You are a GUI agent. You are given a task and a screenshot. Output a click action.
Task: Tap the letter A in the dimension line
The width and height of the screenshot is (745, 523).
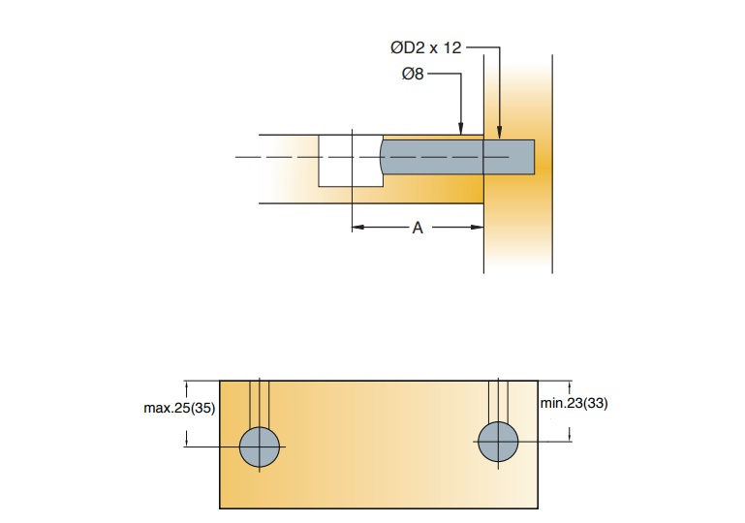point(418,228)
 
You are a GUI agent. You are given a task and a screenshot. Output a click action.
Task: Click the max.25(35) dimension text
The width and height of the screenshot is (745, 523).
point(179,408)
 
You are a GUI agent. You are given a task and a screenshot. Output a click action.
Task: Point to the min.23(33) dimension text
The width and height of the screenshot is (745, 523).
point(574,403)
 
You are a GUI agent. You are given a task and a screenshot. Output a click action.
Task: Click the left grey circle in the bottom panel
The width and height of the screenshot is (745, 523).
point(260,446)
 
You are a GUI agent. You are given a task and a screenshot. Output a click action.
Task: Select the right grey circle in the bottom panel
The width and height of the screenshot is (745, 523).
point(498,442)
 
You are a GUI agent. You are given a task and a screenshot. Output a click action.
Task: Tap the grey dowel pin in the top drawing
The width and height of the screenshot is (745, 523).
point(455,157)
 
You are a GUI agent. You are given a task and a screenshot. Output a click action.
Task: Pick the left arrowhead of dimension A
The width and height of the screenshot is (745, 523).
point(357,228)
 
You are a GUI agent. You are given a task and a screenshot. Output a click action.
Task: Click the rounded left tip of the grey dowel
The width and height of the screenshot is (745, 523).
point(384,157)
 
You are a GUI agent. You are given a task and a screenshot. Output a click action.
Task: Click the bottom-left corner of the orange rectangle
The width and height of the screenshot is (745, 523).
point(221,507)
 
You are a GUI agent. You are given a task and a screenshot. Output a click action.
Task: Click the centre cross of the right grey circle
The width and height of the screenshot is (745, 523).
point(498,442)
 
